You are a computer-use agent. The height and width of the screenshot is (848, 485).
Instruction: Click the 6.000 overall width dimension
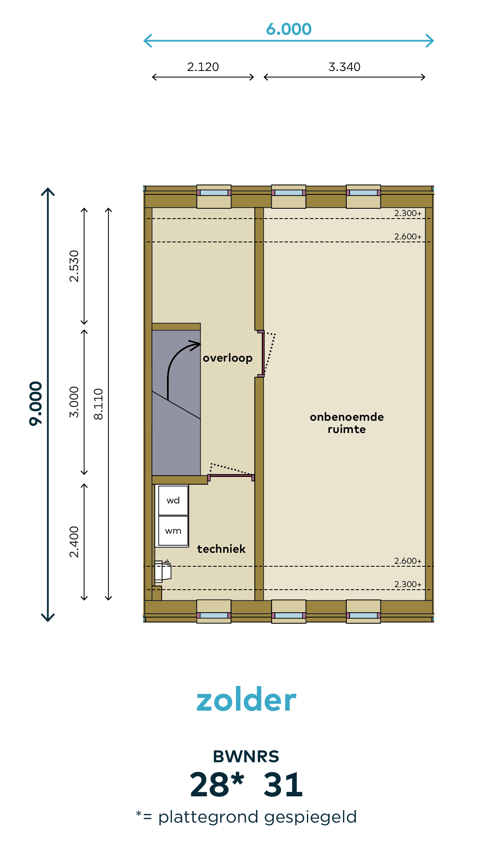pyautogui.click(x=288, y=29)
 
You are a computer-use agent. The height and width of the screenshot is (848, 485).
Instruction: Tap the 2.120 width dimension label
pyautogui.click(x=203, y=67)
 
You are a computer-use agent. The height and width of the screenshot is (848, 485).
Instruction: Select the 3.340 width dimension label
pyautogui.click(x=344, y=67)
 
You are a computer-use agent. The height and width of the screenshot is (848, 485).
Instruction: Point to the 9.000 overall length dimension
pyautogui.click(x=36, y=404)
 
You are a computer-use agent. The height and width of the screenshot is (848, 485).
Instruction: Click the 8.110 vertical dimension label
pyautogui.click(x=98, y=404)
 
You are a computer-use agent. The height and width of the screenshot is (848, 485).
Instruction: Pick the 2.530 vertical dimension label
pyautogui.click(x=74, y=266)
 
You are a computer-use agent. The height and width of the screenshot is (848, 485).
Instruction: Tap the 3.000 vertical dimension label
pyautogui.click(x=74, y=402)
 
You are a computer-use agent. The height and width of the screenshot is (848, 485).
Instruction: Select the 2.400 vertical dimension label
pyautogui.click(x=74, y=542)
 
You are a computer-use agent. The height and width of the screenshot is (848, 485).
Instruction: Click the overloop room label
pyautogui.click(x=228, y=358)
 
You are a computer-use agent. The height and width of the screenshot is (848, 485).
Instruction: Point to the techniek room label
pyautogui.click(x=221, y=549)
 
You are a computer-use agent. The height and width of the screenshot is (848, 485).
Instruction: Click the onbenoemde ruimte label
pyautogui.click(x=347, y=423)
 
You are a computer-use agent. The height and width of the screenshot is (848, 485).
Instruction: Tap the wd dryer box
pyautogui.click(x=173, y=500)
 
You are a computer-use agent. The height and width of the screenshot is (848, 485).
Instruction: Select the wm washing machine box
pyautogui.click(x=173, y=531)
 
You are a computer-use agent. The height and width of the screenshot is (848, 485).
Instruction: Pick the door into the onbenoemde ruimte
pyautogui.click(x=263, y=353)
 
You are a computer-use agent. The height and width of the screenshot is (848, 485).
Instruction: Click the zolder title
pyautogui.click(x=246, y=700)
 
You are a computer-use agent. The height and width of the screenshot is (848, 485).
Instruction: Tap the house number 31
pyautogui.click(x=283, y=785)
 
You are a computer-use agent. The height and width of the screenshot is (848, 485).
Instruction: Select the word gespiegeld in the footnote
pyautogui.click(x=311, y=817)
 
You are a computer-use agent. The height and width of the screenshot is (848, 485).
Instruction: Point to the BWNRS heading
pyautogui.click(x=246, y=757)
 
